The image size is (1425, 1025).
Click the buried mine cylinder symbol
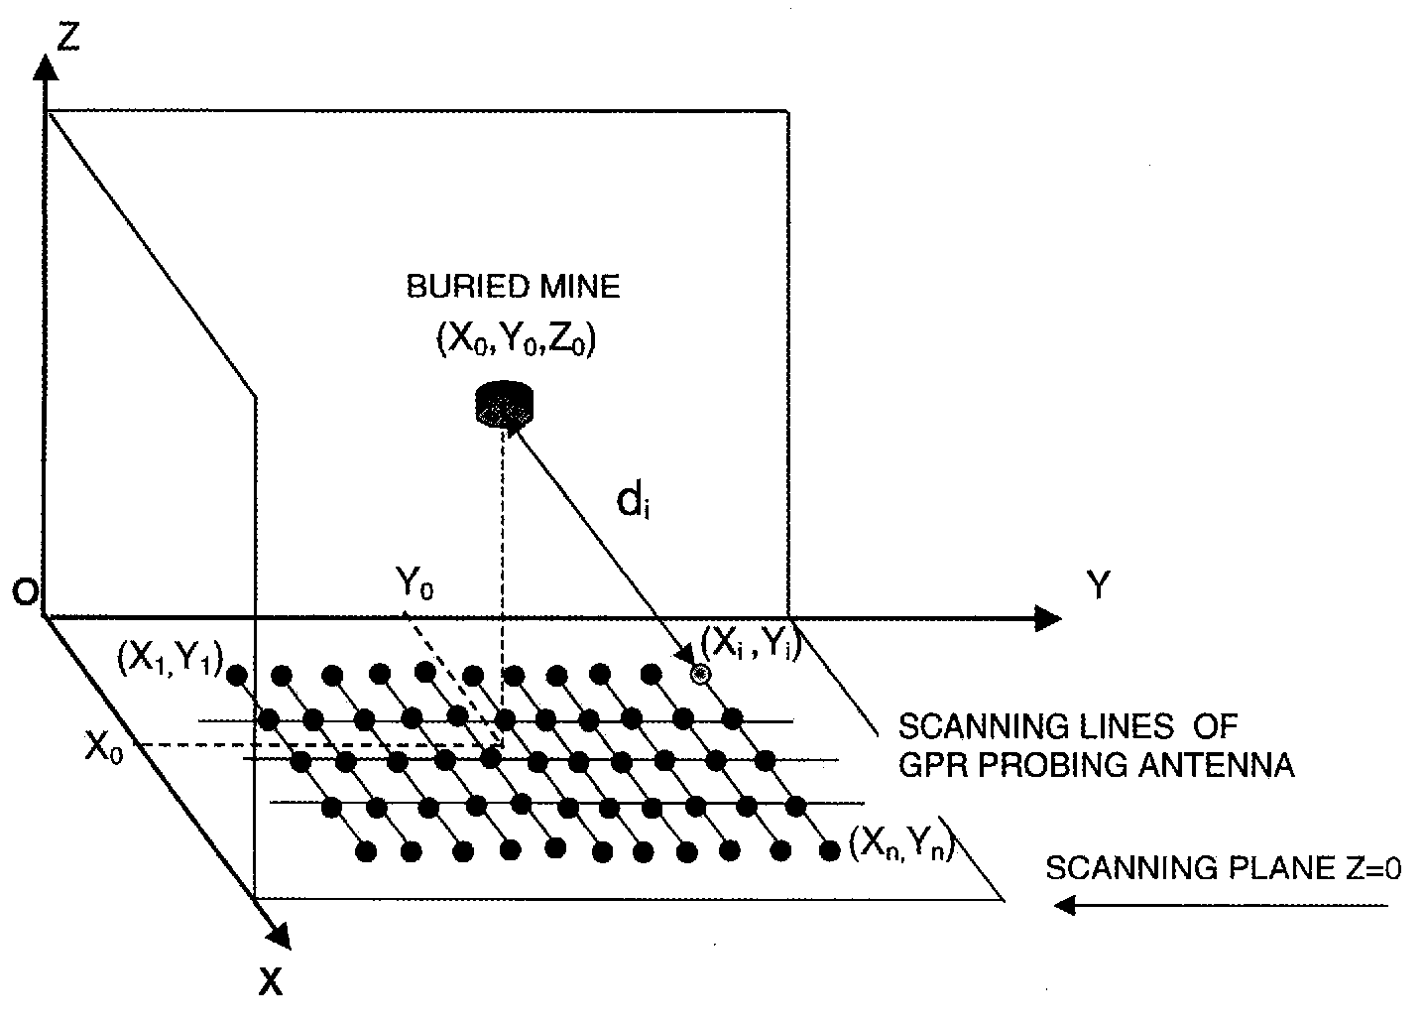pyautogui.click(x=505, y=405)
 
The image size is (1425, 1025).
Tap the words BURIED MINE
pyautogui.click(x=514, y=288)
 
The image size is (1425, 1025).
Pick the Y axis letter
pyautogui.click(x=1097, y=587)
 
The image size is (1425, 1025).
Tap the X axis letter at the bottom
pyautogui.click(x=271, y=982)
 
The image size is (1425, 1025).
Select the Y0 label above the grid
pyautogui.click(x=415, y=585)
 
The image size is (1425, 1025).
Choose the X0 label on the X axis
pyautogui.click(x=104, y=747)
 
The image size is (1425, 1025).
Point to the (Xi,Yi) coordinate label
pyautogui.click(x=749, y=646)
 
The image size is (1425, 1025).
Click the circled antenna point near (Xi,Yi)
pyautogui.click(x=702, y=675)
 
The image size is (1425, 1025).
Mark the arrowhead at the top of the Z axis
pyautogui.click(x=45, y=67)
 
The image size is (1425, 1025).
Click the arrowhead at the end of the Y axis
pyautogui.click(x=1047, y=618)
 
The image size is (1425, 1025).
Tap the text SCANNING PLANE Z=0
pyautogui.click(x=1224, y=868)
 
